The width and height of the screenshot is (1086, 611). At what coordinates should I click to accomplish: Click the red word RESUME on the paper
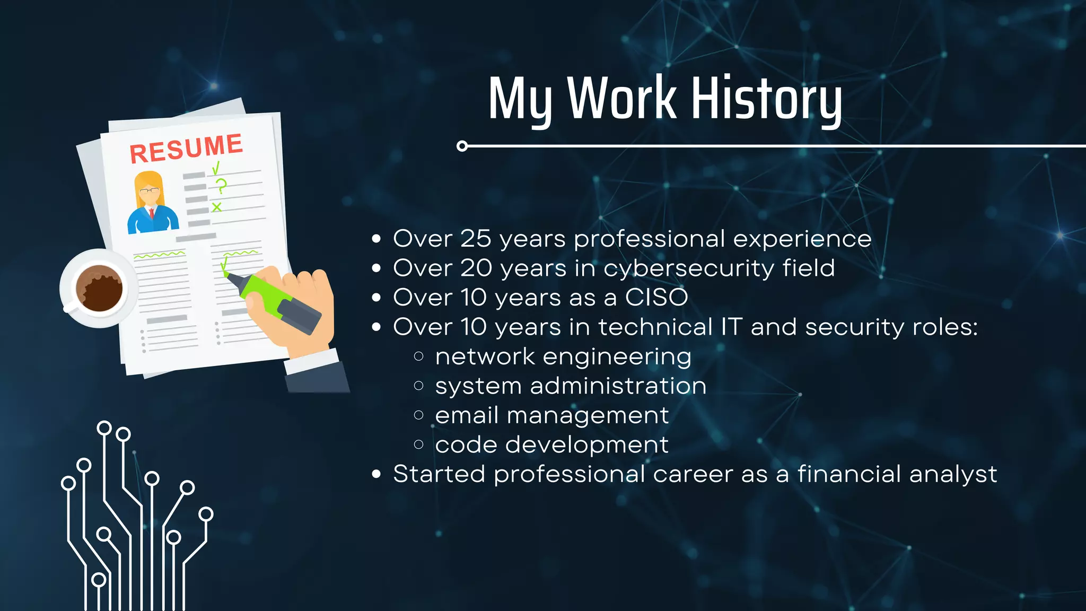[186, 149]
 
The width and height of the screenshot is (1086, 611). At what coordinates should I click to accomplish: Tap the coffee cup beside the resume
[98, 289]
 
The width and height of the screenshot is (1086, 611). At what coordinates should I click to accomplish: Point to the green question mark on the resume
[220, 186]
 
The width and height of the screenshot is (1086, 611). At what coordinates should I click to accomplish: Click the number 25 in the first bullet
[476, 239]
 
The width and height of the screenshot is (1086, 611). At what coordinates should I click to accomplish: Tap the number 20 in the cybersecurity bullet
[476, 268]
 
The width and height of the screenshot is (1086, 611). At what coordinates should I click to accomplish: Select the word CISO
[656, 298]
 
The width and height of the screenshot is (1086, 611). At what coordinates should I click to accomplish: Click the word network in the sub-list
[485, 356]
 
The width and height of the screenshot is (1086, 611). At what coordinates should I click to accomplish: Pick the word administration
[618, 386]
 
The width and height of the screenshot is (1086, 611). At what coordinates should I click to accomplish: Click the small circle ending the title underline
[462, 146]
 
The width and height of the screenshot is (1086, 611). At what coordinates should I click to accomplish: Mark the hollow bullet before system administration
[418, 386]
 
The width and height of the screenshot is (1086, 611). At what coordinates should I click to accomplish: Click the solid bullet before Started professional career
[376, 474]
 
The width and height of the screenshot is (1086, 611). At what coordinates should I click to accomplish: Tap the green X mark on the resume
[216, 207]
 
